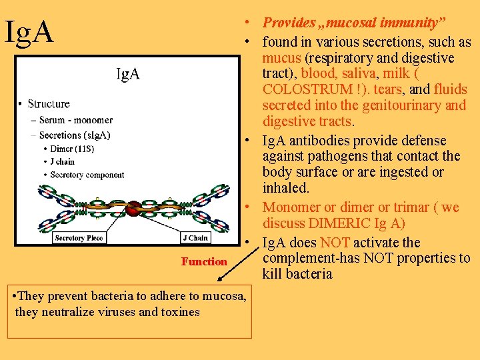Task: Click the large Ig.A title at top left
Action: tap(29, 32)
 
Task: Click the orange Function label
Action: tap(204, 262)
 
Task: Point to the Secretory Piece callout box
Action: tap(79, 238)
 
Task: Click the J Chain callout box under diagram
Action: tap(195, 238)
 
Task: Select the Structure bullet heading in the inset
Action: tap(48, 104)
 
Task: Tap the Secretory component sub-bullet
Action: tap(87, 175)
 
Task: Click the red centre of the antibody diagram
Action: tap(135, 207)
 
